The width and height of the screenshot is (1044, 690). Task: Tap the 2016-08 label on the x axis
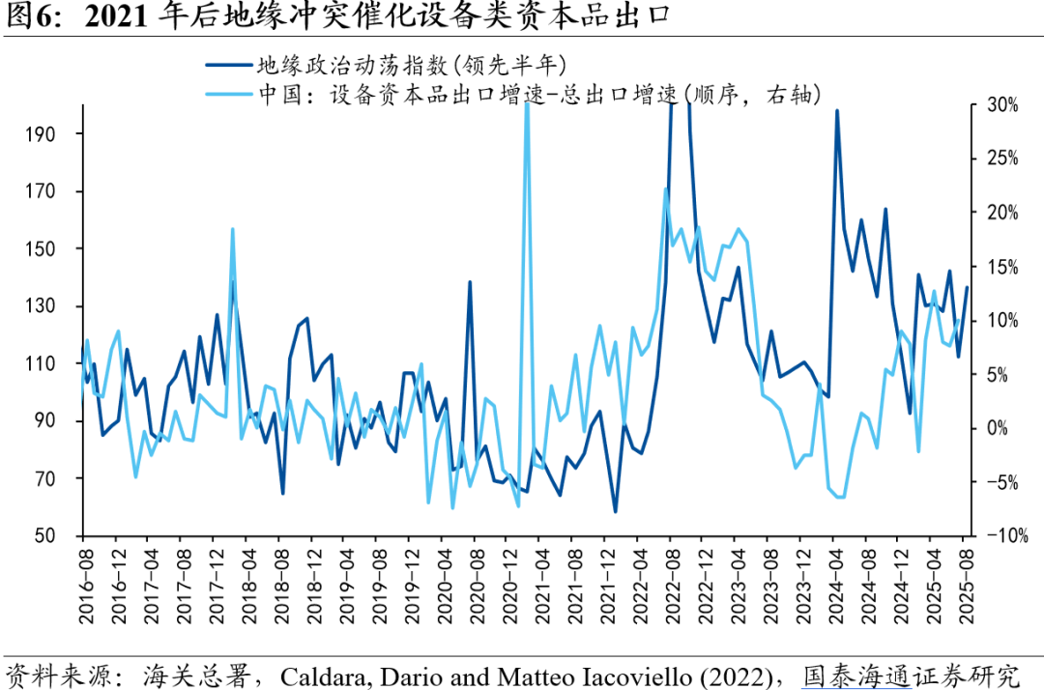(x=83, y=576)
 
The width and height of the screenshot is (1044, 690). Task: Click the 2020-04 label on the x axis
(x=444, y=576)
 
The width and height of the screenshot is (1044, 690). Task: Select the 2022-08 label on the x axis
(x=671, y=576)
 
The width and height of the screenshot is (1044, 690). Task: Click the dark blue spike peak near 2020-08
(x=470, y=282)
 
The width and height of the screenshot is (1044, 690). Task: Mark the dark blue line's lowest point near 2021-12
(x=615, y=511)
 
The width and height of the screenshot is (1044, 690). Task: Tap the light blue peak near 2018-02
(x=233, y=229)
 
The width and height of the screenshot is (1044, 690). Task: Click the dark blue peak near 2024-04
(x=836, y=110)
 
